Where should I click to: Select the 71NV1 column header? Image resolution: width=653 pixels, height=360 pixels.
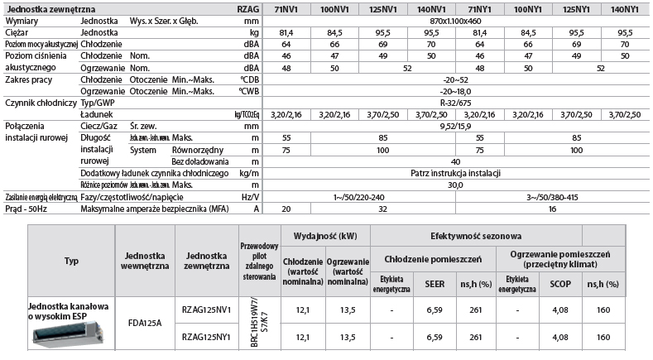pyautogui.click(x=286, y=8)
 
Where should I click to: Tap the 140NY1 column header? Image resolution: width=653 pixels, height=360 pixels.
pyautogui.click(x=622, y=8)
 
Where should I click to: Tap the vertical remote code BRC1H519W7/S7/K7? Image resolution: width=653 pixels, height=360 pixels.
pyautogui.click(x=254, y=324)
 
